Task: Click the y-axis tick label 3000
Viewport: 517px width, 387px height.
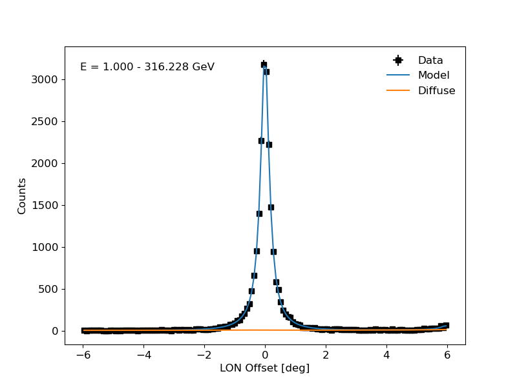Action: (45, 79)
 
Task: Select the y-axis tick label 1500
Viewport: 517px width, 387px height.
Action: (45, 205)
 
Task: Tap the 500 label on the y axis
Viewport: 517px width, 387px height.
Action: (48, 289)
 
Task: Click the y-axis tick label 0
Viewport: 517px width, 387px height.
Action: (55, 331)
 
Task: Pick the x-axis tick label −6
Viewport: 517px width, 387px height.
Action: (83, 355)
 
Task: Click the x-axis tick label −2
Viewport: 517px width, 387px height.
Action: (204, 355)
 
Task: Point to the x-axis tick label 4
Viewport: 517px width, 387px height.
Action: (386, 355)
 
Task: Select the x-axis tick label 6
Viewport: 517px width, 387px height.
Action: (447, 355)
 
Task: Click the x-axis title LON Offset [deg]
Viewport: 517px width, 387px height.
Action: (265, 368)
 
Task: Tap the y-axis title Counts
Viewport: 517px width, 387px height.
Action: (21, 196)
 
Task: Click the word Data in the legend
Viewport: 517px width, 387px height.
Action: (430, 60)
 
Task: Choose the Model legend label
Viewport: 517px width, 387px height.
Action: (434, 75)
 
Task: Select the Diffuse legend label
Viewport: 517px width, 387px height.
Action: (437, 90)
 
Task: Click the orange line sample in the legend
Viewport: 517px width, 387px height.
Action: (398, 90)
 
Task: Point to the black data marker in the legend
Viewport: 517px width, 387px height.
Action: (398, 60)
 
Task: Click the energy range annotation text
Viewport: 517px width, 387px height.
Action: (147, 67)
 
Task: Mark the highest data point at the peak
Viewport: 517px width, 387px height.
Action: (264, 64)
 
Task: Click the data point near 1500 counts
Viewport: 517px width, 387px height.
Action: (271, 207)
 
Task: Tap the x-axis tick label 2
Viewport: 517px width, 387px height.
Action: (326, 355)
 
